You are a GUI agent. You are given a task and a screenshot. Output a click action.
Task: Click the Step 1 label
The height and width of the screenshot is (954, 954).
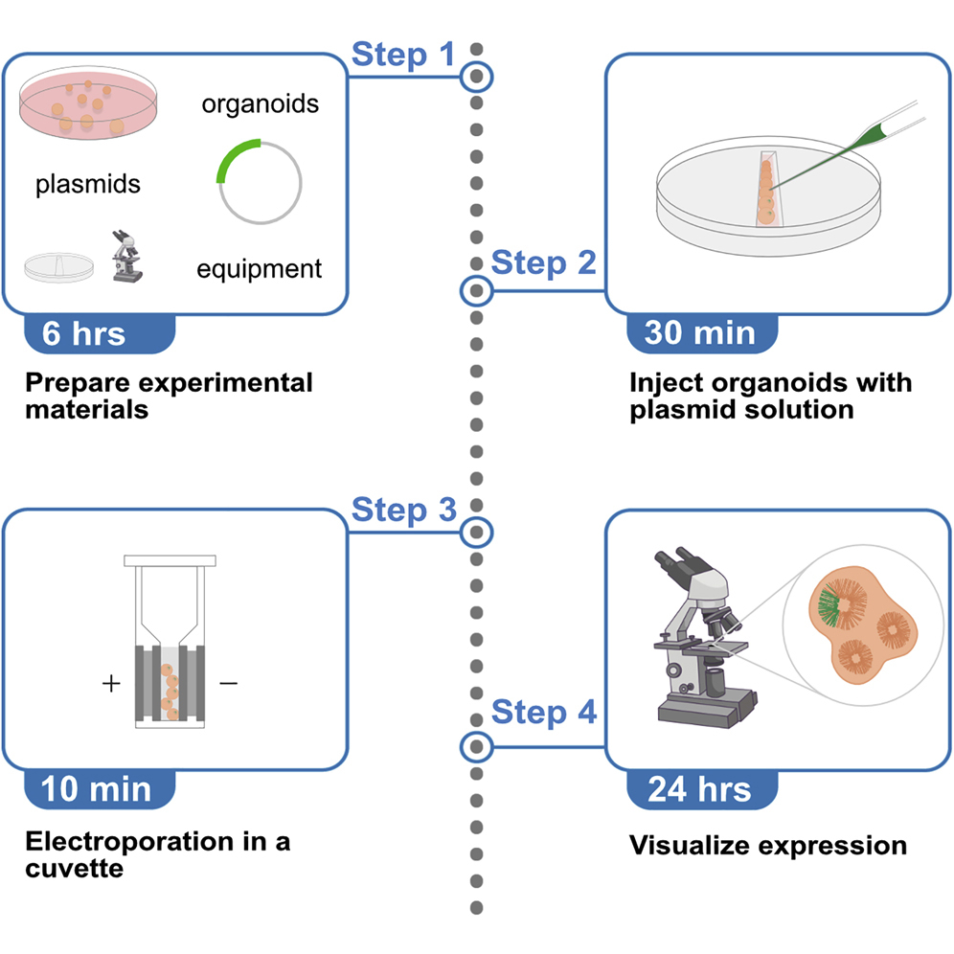403,55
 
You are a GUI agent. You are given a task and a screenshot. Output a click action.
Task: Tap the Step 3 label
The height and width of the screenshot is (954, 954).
403,510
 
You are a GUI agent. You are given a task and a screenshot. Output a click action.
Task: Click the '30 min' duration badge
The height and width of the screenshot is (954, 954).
700,333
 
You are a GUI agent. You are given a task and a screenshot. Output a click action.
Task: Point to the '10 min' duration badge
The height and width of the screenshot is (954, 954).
96,789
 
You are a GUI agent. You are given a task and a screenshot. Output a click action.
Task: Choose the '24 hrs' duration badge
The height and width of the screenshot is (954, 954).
699,789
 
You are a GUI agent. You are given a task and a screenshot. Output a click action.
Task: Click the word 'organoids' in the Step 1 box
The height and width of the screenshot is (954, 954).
260,103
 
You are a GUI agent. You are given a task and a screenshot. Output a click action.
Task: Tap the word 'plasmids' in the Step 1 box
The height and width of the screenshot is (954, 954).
88,184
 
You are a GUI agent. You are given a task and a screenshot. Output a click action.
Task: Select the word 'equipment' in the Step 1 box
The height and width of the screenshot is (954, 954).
260,269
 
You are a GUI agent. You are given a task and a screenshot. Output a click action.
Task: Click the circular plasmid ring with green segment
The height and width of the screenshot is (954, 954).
260,181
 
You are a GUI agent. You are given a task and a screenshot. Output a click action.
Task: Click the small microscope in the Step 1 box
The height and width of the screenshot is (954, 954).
126,256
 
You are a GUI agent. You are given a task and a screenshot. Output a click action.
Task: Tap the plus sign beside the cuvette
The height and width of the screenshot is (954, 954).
112,684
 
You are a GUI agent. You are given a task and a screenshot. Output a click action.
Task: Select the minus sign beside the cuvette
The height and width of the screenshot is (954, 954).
228,684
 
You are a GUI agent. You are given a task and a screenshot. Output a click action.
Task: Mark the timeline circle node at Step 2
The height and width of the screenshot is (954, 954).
476,290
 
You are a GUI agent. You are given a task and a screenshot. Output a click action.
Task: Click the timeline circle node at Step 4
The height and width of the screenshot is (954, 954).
476,744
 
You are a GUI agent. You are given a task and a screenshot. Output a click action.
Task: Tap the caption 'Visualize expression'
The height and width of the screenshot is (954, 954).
767,846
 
